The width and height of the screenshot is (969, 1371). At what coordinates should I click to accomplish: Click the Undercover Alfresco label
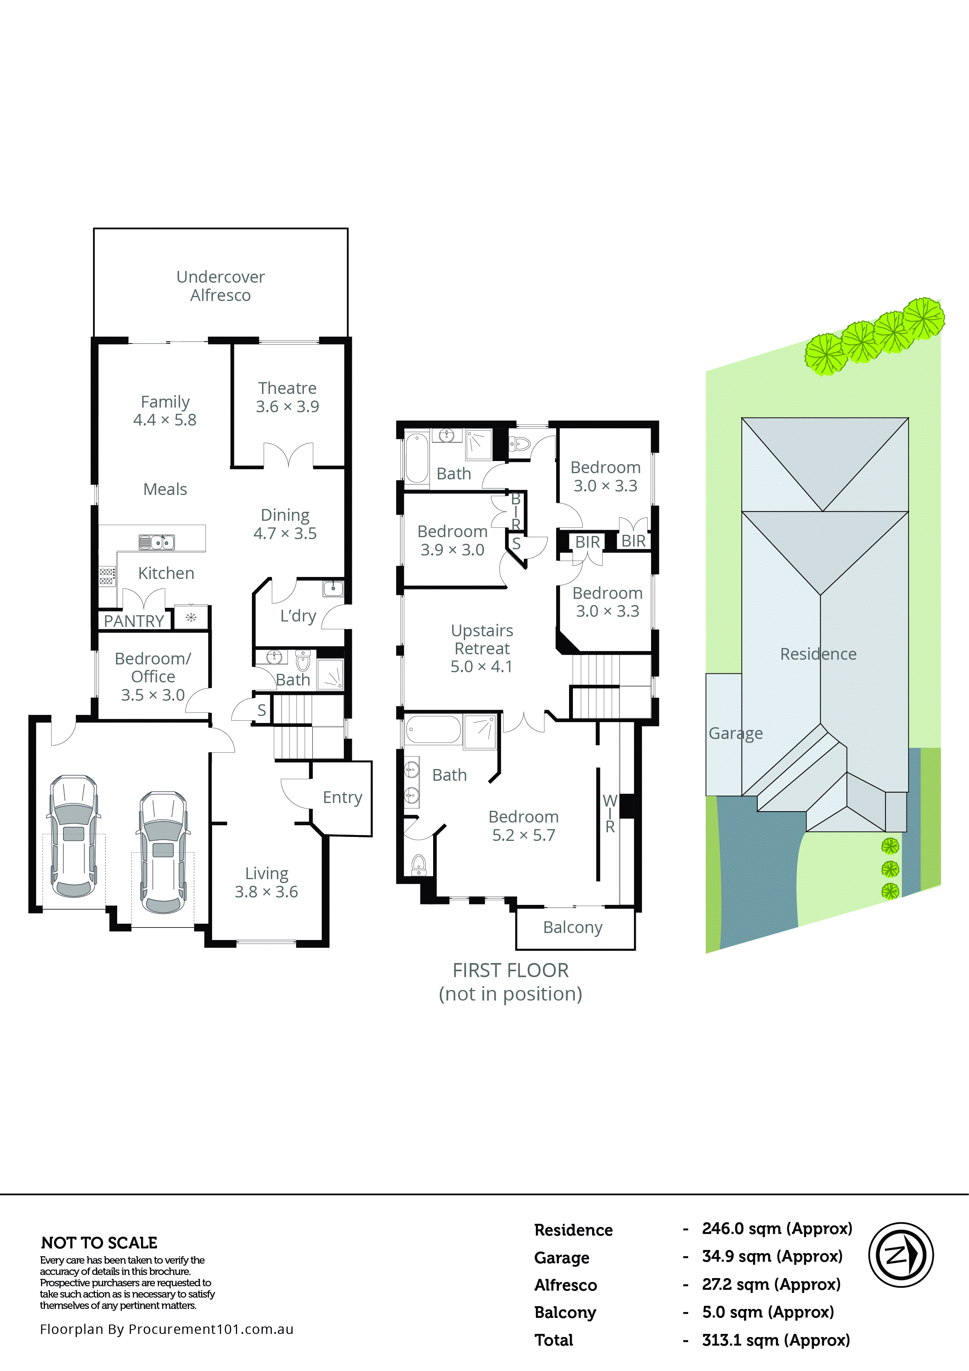[220, 286]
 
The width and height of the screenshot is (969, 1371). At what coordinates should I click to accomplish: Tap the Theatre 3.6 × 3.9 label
[287, 397]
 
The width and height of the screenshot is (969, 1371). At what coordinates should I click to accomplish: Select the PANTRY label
[134, 621]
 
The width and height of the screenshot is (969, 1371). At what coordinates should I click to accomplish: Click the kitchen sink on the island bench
[157, 542]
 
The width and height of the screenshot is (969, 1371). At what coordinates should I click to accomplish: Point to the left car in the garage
[73, 836]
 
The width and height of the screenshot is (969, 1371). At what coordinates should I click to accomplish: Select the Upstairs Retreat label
[482, 648]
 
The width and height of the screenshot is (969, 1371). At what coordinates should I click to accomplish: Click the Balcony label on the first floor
[572, 927]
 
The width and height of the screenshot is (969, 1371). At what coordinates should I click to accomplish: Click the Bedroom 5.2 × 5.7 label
[523, 826]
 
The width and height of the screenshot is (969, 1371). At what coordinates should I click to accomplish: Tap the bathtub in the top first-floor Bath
[416, 458]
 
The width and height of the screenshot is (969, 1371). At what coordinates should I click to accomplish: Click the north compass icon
[900, 1255]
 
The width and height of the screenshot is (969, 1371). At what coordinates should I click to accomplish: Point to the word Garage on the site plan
[735, 733]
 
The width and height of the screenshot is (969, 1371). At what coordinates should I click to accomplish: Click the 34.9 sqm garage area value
[772, 1256]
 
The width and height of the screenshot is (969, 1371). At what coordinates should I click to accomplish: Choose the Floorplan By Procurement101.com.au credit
[167, 1329]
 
